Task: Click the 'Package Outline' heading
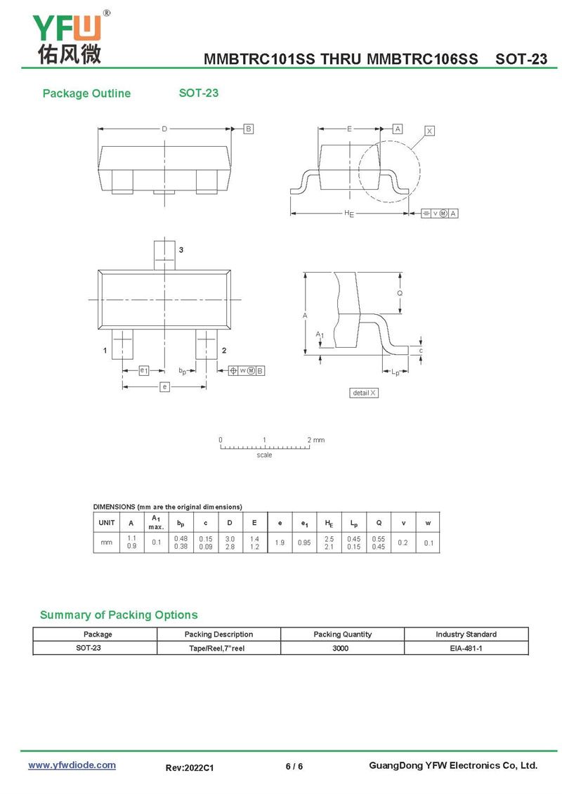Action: tap(86, 93)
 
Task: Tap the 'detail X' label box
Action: tap(364, 393)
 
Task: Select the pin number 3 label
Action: tap(181, 250)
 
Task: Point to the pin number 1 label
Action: tap(104, 350)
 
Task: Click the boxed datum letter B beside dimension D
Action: tap(249, 129)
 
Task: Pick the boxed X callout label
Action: tap(430, 131)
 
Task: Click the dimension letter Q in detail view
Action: tap(400, 293)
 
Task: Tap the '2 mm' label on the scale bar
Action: tap(316, 440)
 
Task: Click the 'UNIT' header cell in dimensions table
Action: tap(107, 522)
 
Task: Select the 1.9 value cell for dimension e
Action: tap(280, 542)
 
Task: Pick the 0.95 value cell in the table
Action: tap(304, 542)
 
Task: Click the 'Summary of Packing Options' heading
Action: tap(119, 615)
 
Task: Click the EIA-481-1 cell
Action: tap(466, 648)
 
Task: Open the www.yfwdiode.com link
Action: tap(72, 765)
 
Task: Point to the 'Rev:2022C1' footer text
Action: tap(189, 769)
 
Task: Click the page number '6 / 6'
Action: tap(294, 766)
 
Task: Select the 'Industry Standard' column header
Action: tap(466, 634)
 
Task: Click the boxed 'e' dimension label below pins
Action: tap(164, 386)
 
